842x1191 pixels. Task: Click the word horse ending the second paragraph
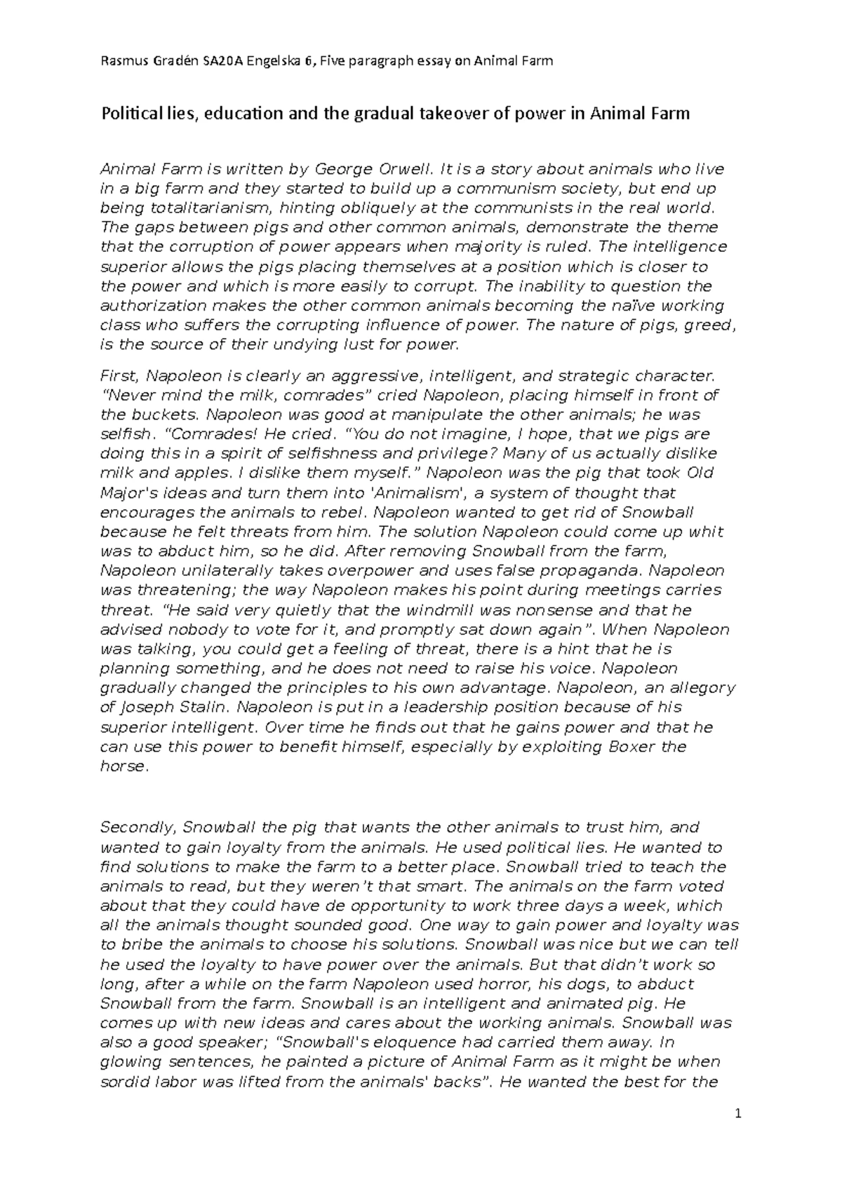point(123,767)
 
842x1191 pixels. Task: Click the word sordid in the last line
point(124,1082)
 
